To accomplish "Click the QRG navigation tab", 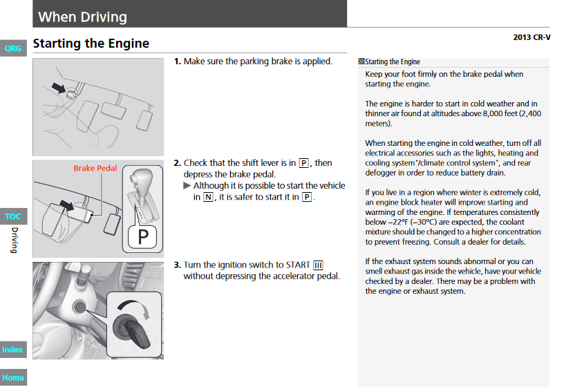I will click(x=12, y=48).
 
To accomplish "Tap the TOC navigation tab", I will click(x=12, y=216).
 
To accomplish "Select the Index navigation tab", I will click(x=12, y=350).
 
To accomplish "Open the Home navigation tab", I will click(x=12, y=377).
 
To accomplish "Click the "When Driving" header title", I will click(x=82, y=17).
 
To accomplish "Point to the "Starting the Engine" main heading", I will click(x=91, y=44).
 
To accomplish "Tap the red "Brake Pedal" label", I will click(x=95, y=168).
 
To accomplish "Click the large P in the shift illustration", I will click(x=143, y=237).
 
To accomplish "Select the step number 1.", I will click(x=177, y=62).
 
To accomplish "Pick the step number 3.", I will click(x=177, y=265).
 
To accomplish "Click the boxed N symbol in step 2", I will click(x=208, y=197).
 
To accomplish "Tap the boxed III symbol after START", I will click(x=318, y=265).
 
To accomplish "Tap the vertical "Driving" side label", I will click(x=14, y=240).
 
